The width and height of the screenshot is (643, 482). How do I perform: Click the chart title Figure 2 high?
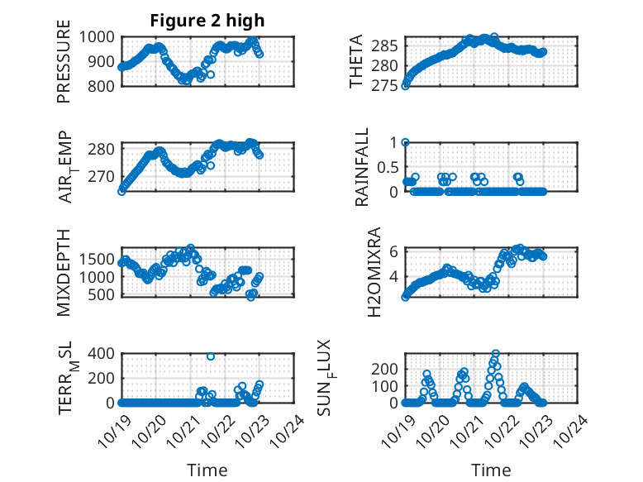[207, 21]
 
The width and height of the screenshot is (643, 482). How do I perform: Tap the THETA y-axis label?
[356, 61]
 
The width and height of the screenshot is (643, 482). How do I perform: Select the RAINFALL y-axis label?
[362, 167]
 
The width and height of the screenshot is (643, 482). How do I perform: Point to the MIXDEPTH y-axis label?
[64, 272]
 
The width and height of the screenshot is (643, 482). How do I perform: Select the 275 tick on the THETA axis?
[387, 85]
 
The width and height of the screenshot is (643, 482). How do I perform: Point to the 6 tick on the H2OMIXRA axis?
[394, 251]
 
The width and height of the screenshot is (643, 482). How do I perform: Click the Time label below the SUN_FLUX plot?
[491, 470]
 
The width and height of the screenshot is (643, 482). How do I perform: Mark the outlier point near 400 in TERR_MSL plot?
[211, 356]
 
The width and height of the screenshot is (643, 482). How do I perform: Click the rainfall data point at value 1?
[405, 142]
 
